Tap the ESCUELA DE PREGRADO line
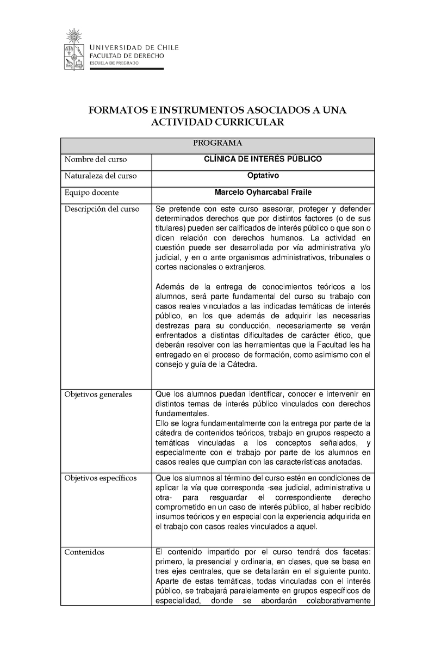click(x=114, y=63)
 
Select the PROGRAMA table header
click(x=217, y=143)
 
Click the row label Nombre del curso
click(x=95, y=159)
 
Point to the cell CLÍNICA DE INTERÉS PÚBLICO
click(x=263, y=159)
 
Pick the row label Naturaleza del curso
click(x=100, y=176)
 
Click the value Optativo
click(x=263, y=175)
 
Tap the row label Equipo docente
click(x=91, y=192)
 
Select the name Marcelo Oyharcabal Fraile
click(x=263, y=192)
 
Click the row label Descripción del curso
click(x=102, y=209)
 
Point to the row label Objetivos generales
click(x=98, y=394)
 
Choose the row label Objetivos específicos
click(x=100, y=478)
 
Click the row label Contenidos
click(x=84, y=552)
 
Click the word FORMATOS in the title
click(x=117, y=110)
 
